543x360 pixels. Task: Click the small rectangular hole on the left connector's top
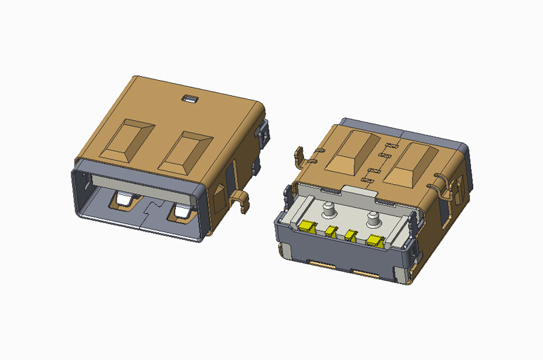click(189, 99)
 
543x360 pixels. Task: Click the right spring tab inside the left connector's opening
click(183, 213)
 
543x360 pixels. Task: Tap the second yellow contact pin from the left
click(331, 232)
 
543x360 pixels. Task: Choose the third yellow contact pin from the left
click(350, 235)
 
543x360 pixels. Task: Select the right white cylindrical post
click(372, 219)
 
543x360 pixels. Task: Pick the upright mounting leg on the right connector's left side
click(299, 156)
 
